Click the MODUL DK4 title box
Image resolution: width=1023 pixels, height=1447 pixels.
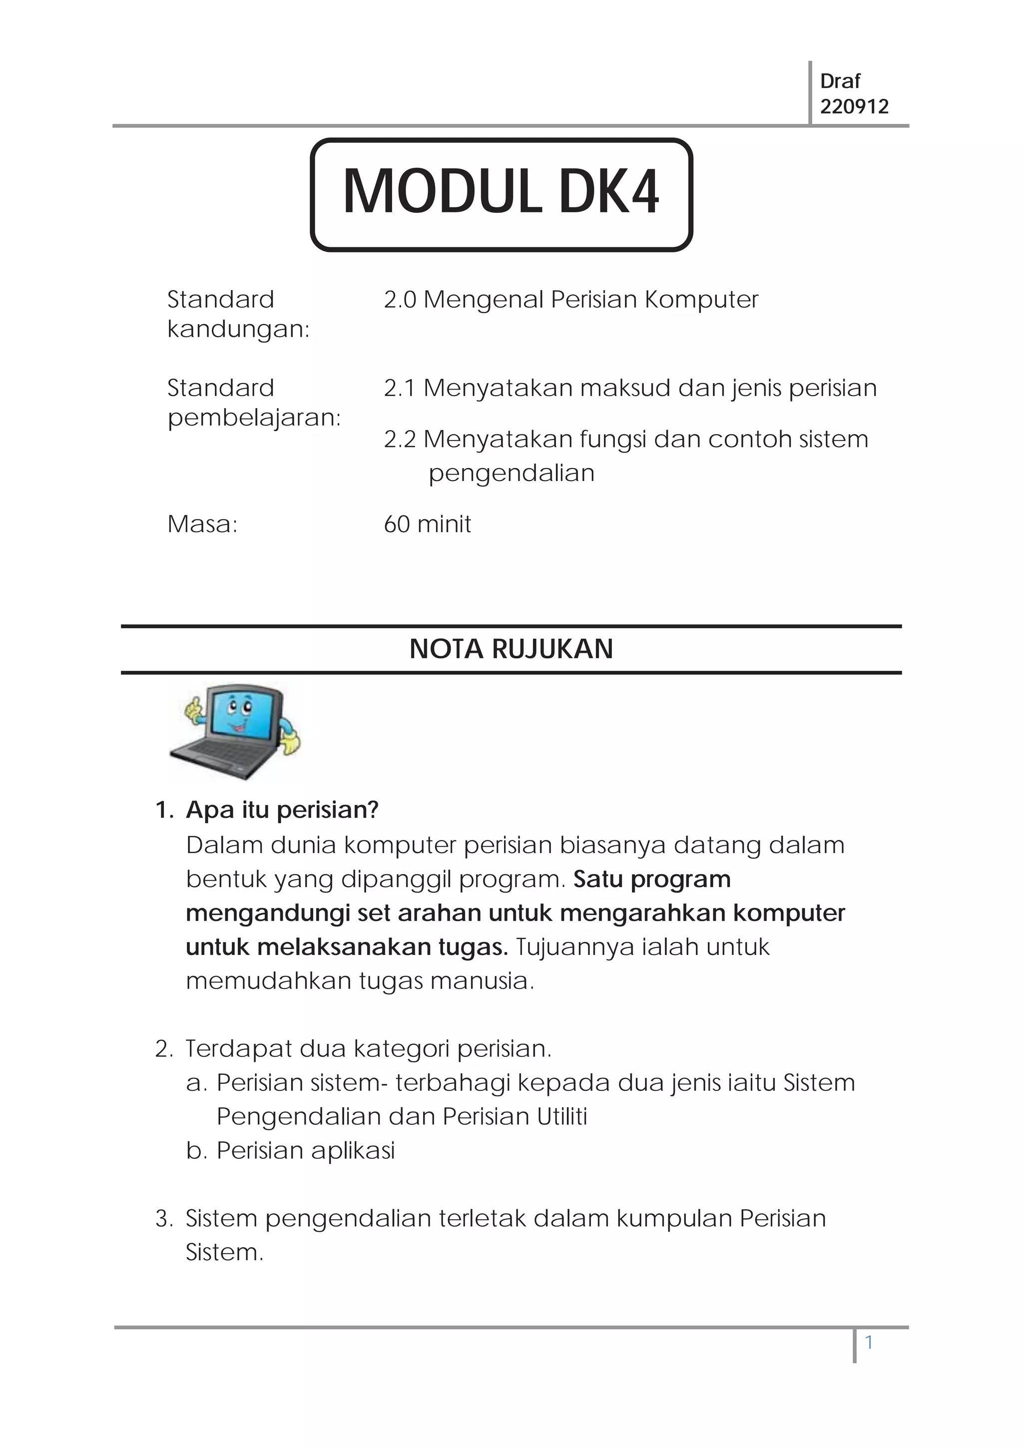(x=501, y=194)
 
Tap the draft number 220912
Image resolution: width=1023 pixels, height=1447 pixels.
(x=854, y=106)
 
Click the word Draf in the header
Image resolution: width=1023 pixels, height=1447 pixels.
(x=840, y=81)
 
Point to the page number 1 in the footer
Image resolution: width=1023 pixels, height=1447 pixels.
(x=869, y=1343)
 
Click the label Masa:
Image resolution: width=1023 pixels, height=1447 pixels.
(x=202, y=524)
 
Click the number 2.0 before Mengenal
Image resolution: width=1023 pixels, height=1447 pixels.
(x=400, y=300)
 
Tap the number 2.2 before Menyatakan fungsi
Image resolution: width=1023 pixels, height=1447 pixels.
(x=400, y=439)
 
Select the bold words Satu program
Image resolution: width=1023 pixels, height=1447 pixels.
(x=652, y=879)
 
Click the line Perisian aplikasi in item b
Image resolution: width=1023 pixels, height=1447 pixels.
(x=305, y=1150)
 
